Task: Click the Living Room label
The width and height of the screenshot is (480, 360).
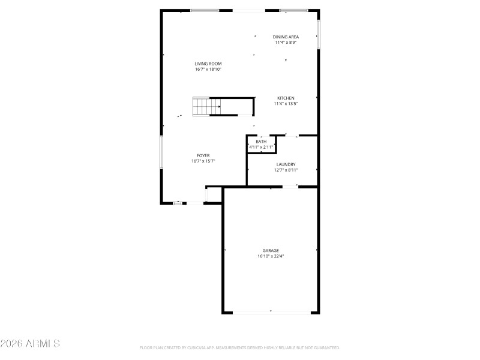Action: [x=208, y=64]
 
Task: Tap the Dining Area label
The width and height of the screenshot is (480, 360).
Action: [x=286, y=37]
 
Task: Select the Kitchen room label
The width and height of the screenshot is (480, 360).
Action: [x=286, y=98]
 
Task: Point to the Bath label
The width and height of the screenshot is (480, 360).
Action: [x=261, y=142]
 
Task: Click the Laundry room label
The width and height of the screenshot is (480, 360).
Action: [x=286, y=164]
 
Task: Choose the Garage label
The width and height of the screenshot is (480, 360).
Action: [x=270, y=250]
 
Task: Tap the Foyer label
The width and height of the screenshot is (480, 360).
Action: [x=203, y=155]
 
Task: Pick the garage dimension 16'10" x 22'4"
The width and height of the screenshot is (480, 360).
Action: [x=270, y=256]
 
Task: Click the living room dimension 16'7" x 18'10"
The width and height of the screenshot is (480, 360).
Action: [x=208, y=69]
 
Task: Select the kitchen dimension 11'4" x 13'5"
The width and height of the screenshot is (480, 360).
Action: [x=286, y=104]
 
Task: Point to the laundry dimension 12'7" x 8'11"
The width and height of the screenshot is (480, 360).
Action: [x=286, y=170]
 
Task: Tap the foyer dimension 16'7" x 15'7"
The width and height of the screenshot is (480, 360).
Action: [x=203, y=161]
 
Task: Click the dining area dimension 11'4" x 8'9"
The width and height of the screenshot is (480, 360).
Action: [x=286, y=42]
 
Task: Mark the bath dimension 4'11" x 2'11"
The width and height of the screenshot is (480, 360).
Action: [x=261, y=147]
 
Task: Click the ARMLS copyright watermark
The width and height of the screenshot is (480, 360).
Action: [x=30, y=344]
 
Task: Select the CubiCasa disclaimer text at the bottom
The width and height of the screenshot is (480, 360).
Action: [x=240, y=347]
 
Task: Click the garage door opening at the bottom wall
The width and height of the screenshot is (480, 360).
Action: [x=270, y=311]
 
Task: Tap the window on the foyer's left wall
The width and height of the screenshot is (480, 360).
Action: [x=161, y=152]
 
